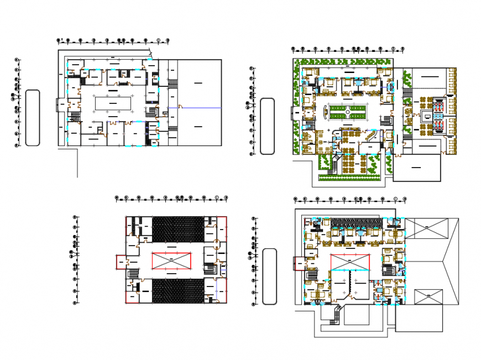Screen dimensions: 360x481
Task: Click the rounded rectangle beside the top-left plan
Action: (x=33, y=118)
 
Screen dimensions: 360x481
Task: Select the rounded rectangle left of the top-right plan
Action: (x=268, y=126)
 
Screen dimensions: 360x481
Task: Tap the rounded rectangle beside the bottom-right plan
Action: (x=270, y=276)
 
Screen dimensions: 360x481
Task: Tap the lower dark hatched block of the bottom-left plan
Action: (x=178, y=291)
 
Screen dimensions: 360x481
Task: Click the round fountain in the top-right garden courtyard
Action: (x=347, y=112)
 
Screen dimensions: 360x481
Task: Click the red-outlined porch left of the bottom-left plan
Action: (x=120, y=261)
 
